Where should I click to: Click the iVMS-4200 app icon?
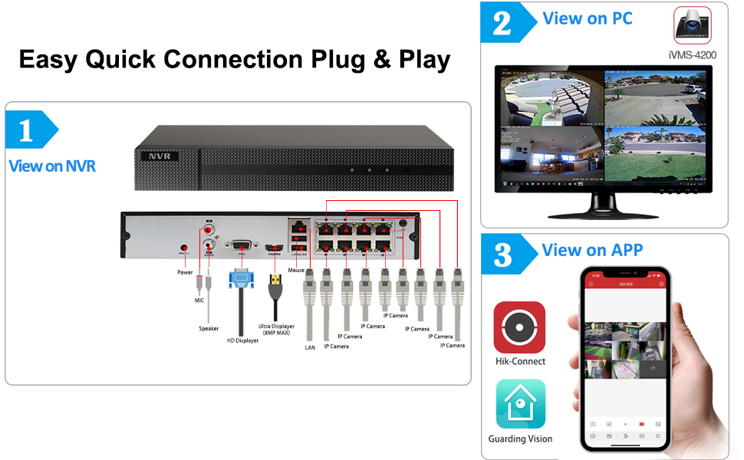point(693,25)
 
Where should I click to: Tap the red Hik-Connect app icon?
point(519,327)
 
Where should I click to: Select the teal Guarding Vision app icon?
point(520,404)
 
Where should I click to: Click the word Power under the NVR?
point(185,272)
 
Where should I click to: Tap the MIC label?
point(199,301)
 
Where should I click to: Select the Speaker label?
point(209,329)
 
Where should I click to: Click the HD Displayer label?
point(242,340)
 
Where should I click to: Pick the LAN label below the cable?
point(309,347)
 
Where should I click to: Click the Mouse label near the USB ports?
point(296,271)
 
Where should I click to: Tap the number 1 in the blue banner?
point(25,131)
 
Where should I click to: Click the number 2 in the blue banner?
point(502,23)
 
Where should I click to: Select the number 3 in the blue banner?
point(502,255)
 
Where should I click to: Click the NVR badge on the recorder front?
point(160,156)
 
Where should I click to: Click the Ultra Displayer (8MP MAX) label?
point(277,330)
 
